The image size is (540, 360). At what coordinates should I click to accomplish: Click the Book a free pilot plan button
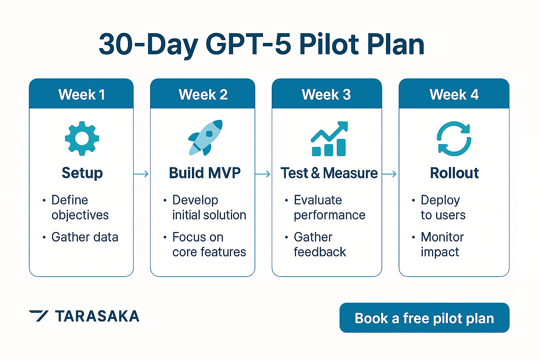(x=424, y=318)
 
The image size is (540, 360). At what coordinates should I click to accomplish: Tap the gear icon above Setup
(x=82, y=139)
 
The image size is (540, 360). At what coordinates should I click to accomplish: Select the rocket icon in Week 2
(x=206, y=138)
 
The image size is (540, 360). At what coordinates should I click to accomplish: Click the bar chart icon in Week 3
(x=329, y=139)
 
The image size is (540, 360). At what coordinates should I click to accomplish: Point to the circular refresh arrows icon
(x=454, y=139)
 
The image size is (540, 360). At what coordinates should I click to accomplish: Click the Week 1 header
(x=82, y=94)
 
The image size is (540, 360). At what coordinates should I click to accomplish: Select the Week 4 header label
(x=454, y=94)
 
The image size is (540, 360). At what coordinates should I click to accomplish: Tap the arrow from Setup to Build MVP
(x=141, y=174)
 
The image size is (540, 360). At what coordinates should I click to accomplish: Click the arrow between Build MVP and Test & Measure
(x=263, y=174)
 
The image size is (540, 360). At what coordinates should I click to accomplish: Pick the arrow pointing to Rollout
(x=390, y=174)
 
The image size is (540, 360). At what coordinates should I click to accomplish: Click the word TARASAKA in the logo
(x=97, y=316)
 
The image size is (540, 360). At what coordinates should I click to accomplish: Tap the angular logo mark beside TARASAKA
(x=39, y=316)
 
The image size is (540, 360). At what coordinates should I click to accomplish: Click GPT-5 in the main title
(x=248, y=45)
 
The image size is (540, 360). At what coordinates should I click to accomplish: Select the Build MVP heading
(x=205, y=173)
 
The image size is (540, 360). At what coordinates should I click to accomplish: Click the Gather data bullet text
(x=85, y=237)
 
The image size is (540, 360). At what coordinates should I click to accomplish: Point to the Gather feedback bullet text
(x=320, y=244)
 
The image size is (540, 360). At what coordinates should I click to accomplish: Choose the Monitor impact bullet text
(x=442, y=244)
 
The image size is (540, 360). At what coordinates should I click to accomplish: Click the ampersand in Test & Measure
(x=315, y=173)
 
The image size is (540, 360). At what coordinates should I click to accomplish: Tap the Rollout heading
(x=454, y=173)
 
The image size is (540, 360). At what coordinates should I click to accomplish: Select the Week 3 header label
(x=326, y=94)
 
